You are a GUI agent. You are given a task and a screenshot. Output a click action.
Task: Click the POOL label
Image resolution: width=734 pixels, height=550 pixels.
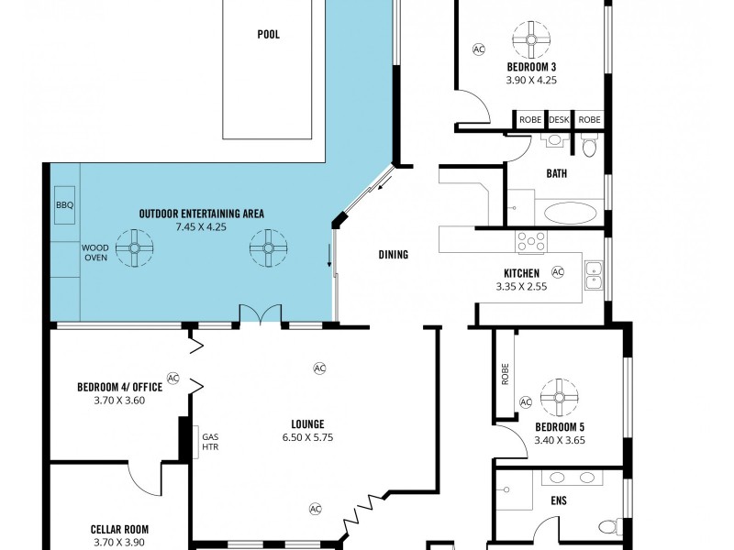tap(268, 35)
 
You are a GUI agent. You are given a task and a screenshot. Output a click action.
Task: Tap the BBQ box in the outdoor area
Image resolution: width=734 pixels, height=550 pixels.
tap(64, 204)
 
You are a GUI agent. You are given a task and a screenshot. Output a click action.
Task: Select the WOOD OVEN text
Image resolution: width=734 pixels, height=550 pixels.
tap(95, 253)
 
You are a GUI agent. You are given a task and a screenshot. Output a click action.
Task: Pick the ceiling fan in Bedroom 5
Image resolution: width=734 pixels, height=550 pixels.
tap(559, 397)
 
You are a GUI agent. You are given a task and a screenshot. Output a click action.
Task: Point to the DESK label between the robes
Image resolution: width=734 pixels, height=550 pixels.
tap(559, 120)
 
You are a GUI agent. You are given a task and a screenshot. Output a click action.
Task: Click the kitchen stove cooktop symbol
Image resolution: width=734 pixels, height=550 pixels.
tap(531, 241)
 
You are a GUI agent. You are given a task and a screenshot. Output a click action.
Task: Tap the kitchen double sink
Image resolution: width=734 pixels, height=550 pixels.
tap(594, 274)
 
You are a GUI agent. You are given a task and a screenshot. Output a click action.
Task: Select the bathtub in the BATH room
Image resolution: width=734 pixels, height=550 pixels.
tap(570, 214)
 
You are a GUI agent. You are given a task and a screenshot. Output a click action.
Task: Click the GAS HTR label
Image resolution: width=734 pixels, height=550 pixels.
tap(210, 444)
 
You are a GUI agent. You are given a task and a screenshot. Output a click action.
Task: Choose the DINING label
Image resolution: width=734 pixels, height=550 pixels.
tap(393, 255)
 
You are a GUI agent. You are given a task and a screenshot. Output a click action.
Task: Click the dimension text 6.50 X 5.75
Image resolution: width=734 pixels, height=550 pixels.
tap(307, 437)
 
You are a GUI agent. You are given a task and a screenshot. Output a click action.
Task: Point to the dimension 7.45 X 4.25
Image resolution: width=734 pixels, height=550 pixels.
tap(201, 225)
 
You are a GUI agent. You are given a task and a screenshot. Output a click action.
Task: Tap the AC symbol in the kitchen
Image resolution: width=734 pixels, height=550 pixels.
tap(557, 272)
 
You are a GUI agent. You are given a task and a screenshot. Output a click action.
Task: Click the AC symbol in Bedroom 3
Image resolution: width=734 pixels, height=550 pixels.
tap(478, 49)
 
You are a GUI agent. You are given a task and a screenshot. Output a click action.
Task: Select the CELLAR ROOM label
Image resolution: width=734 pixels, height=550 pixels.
tap(119, 529)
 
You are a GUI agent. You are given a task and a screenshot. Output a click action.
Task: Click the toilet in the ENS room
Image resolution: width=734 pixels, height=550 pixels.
tap(607, 525)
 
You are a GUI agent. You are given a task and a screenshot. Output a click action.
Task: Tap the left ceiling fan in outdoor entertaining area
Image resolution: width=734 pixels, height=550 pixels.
tap(134, 247)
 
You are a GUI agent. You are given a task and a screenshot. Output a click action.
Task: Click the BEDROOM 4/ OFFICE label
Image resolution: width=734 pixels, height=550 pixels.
tap(119, 387)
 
